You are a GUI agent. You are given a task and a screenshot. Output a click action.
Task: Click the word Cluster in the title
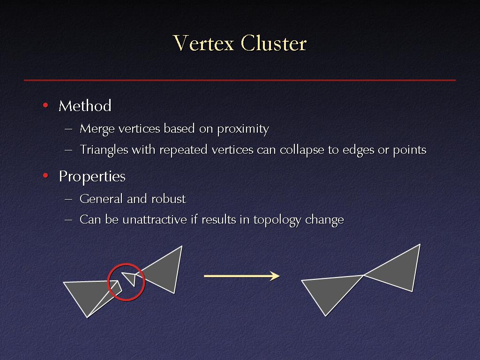click(x=274, y=43)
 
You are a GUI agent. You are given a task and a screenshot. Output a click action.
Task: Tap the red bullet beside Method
click(x=45, y=105)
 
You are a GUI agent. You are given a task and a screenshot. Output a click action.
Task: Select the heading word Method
click(x=85, y=106)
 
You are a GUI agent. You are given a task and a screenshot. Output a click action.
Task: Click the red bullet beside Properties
click(x=45, y=176)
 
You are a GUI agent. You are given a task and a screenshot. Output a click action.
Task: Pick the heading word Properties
click(x=92, y=177)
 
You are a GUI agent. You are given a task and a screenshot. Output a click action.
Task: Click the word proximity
click(x=243, y=129)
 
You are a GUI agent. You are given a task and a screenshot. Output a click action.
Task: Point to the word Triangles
click(x=104, y=150)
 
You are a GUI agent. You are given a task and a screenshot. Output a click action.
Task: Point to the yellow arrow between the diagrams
click(x=242, y=276)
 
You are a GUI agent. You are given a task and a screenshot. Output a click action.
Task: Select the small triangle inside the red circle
click(x=130, y=277)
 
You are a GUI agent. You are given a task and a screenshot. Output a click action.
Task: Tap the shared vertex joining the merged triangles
click(x=363, y=275)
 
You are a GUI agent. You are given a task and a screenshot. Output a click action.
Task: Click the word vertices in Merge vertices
click(x=139, y=128)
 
